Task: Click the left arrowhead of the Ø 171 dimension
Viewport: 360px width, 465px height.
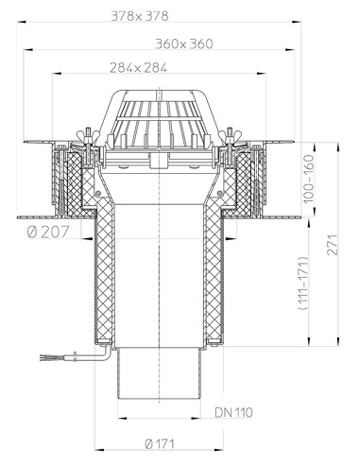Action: pos(97,448)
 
